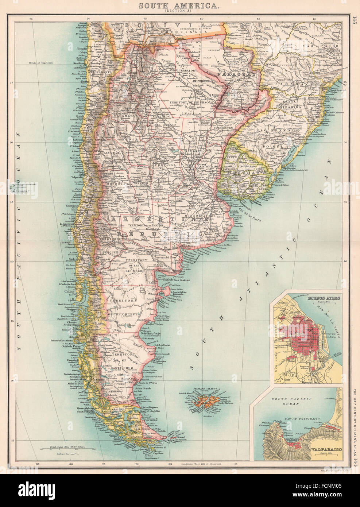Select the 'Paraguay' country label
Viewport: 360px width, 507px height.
(x=235, y=74)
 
